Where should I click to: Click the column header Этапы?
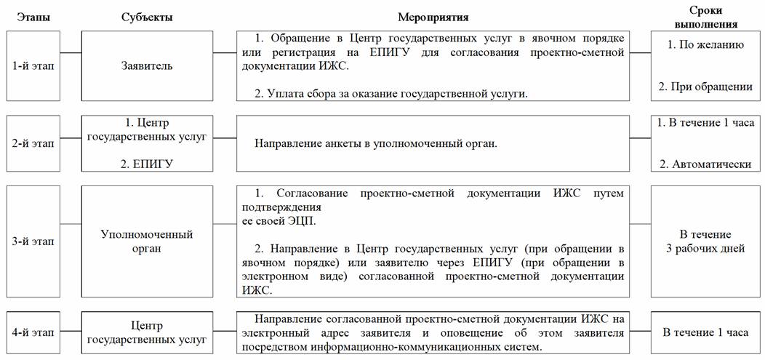[33, 17]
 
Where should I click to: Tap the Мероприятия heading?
[433, 17]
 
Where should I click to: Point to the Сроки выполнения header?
[709, 17]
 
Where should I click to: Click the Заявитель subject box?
[147, 66]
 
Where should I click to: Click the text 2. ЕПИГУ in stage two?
[147, 164]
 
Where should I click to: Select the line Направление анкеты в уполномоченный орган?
[375, 143]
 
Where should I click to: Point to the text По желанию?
[709, 45]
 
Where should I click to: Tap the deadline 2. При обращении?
[709, 87]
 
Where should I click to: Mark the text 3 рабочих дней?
[709, 249]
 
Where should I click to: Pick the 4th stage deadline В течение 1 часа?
[705, 333]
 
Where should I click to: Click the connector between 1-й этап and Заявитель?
[71, 53]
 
